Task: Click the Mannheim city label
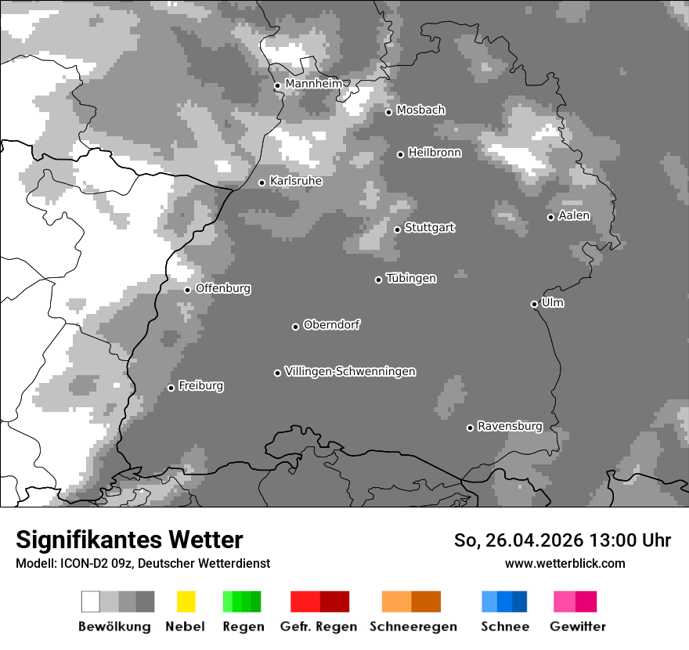(x=314, y=84)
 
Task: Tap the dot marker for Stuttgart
(x=398, y=229)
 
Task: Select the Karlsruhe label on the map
(x=296, y=181)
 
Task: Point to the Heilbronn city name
(x=435, y=153)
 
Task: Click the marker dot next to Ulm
(x=535, y=304)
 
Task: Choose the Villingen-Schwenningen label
(x=351, y=371)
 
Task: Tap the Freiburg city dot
(x=171, y=388)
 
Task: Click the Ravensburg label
(x=510, y=427)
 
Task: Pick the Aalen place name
(x=574, y=215)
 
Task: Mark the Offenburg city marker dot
(x=188, y=290)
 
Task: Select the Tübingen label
(x=411, y=278)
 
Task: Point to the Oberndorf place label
(x=332, y=325)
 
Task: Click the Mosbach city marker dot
(x=389, y=112)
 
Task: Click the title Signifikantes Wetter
(x=129, y=540)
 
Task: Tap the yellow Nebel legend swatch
(x=186, y=601)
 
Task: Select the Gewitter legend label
(x=578, y=627)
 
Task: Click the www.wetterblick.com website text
(x=565, y=563)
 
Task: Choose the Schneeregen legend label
(x=413, y=627)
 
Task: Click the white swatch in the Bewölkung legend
(x=91, y=601)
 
